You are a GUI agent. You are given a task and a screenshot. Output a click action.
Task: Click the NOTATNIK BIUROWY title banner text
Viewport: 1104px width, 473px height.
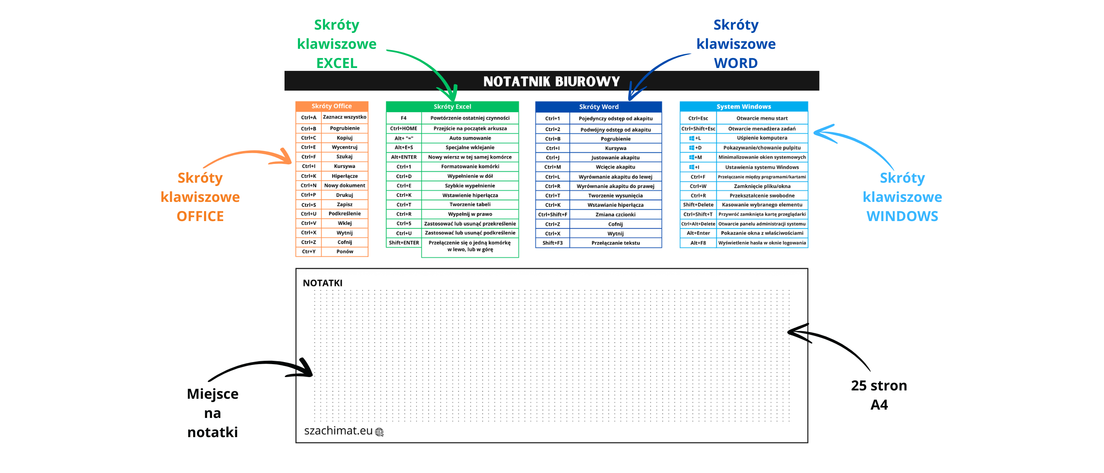click(551, 81)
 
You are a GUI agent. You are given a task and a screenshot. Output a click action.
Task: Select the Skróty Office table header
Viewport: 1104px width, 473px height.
click(331, 106)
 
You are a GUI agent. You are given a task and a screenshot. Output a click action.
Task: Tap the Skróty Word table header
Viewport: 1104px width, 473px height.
click(598, 107)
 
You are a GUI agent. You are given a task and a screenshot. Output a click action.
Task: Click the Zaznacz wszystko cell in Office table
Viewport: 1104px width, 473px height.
click(344, 117)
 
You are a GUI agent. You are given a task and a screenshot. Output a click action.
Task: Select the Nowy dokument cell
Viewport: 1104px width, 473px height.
click(344, 186)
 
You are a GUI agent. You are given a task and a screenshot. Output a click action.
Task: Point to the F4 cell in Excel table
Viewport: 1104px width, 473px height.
click(403, 118)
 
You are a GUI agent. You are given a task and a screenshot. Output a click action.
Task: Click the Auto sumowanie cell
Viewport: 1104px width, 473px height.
click(470, 138)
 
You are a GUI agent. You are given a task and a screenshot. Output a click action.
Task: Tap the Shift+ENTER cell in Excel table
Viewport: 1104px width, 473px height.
click(403, 243)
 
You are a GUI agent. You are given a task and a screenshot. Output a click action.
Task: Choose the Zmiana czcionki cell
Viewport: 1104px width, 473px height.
click(615, 215)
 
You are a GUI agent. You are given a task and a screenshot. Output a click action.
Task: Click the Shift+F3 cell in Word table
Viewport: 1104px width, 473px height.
click(552, 243)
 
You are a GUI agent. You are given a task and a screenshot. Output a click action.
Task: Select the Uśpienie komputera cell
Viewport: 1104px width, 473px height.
click(761, 138)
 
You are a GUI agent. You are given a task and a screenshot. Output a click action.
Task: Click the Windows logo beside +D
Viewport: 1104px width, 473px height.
click(691, 148)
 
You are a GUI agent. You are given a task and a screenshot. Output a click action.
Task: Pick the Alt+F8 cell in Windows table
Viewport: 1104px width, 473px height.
click(698, 243)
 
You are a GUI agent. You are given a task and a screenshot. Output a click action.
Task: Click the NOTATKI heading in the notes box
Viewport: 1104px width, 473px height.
click(322, 283)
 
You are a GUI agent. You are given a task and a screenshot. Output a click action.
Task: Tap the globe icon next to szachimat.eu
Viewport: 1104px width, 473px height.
click(379, 432)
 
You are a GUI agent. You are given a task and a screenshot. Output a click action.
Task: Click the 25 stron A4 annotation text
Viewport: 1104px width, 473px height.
click(879, 395)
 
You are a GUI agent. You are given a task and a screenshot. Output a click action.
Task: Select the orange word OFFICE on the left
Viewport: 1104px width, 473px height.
click(200, 216)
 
